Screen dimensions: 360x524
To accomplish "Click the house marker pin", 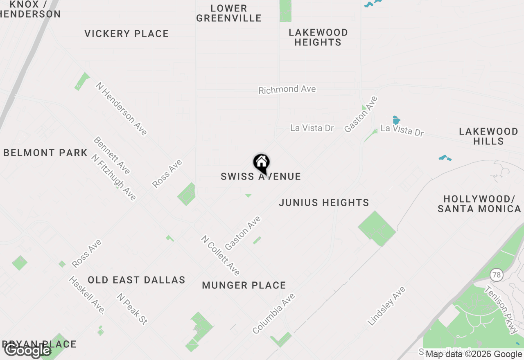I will [x=261, y=163].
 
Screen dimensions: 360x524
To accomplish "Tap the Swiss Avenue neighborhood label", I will [x=261, y=177].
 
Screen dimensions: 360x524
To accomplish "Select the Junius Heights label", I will [x=324, y=202].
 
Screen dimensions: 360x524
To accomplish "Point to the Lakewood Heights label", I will [x=318, y=37].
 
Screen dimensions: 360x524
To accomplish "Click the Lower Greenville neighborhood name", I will [x=229, y=13].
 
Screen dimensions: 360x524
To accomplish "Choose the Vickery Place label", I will [x=126, y=34].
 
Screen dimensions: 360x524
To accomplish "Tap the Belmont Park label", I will [x=45, y=153].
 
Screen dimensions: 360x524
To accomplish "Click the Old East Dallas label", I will [x=136, y=280].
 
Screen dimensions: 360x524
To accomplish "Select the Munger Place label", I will [x=244, y=285].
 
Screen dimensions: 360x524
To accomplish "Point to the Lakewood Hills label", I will [x=488, y=136].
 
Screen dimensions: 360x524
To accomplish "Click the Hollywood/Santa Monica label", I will [x=479, y=204].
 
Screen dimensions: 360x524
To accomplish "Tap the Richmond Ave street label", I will [x=287, y=89].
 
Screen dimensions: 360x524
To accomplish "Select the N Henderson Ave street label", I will [x=121, y=108].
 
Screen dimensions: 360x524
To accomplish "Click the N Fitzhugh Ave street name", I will [x=113, y=178].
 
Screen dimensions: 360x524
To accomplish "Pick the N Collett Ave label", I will [x=220, y=255].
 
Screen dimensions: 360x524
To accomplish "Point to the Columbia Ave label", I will [x=273, y=313].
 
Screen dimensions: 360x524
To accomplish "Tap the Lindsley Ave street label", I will [x=386, y=306].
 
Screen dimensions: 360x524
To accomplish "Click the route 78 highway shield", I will [x=497, y=275].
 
